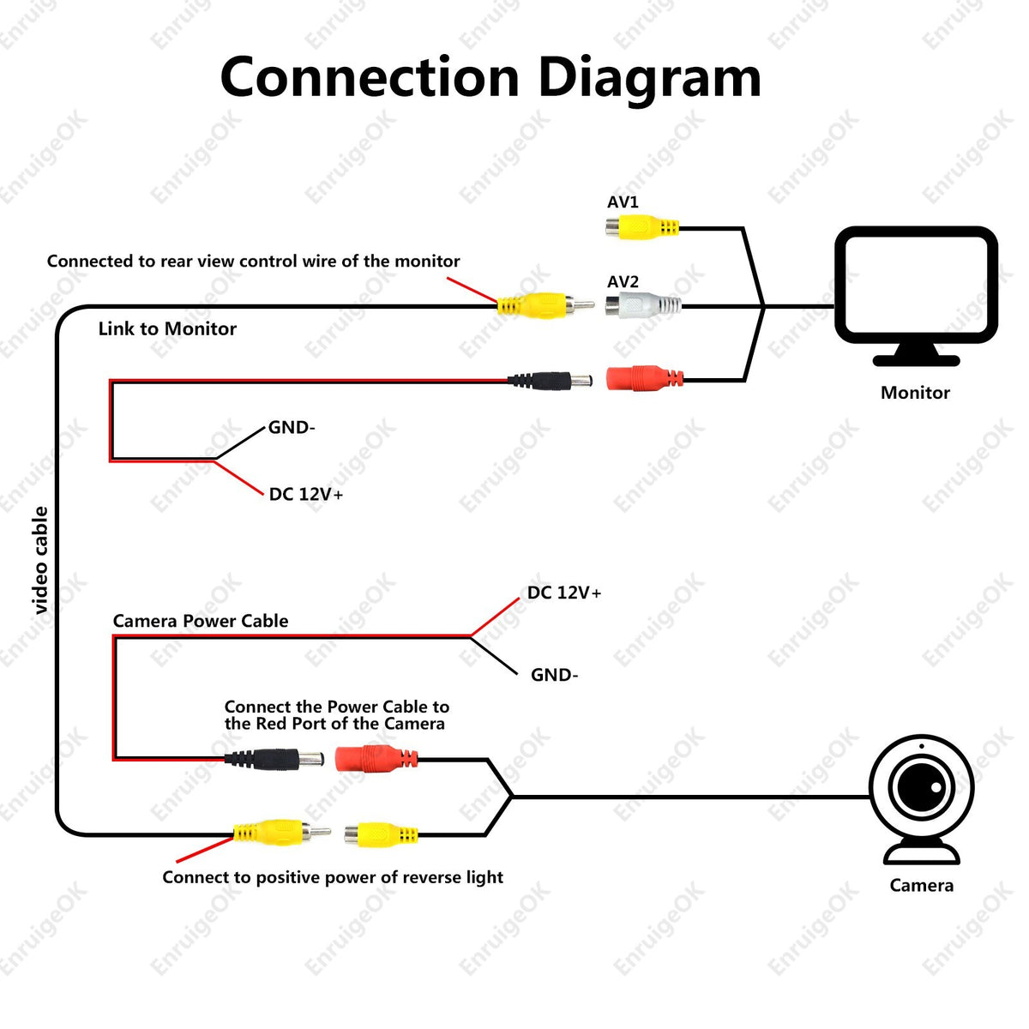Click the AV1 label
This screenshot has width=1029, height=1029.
(623, 202)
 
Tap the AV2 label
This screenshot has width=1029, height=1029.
(623, 281)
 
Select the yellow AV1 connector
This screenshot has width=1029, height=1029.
(642, 227)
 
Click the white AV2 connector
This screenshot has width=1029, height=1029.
(643, 305)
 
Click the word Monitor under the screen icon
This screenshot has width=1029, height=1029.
(915, 393)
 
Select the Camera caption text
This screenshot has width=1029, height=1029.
(921, 885)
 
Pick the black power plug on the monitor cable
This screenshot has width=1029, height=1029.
(550, 381)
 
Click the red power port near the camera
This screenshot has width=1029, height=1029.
(376, 759)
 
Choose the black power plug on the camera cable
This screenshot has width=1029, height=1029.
(274, 759)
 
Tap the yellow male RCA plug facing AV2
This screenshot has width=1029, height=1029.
(545, 305)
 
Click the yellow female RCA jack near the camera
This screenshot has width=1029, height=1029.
(381, 835)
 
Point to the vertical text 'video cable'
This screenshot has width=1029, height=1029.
(40, 560)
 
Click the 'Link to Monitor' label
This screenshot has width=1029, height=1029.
(167, 328)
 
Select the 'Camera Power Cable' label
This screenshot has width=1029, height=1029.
(201, 621)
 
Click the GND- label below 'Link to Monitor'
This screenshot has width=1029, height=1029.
(292, 427)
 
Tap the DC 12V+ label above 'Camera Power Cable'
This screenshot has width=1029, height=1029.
(564, 593)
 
